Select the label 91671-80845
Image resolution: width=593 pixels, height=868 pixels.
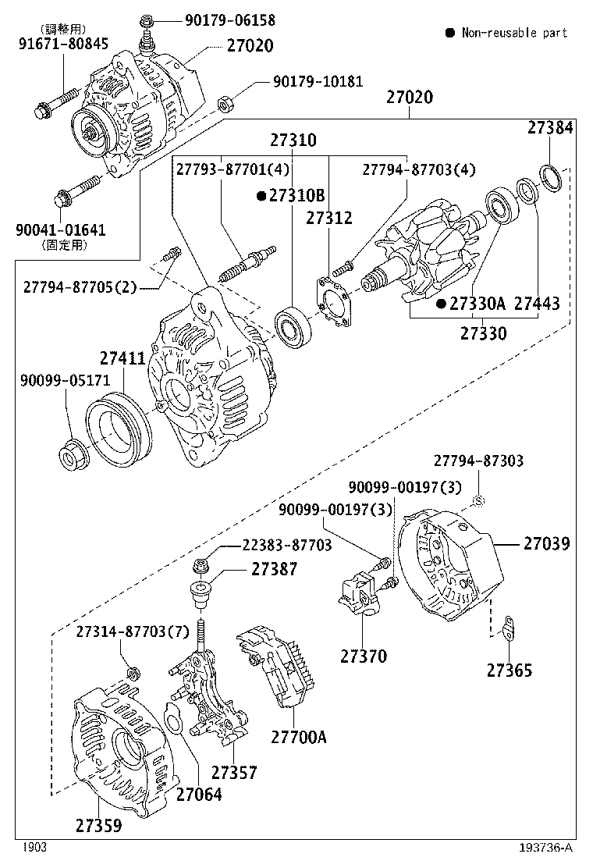point(64,44)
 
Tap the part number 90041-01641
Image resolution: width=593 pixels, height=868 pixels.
point(61,230)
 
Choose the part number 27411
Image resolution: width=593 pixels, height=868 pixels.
point(122,358)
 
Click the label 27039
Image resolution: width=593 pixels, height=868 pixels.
point(546,543)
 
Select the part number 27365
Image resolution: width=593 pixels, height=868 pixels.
point(510,669)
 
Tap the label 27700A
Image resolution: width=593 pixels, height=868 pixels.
point(299,736)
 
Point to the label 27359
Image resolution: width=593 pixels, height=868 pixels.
point(99,824)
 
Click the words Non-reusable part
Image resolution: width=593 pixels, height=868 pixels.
point(514,33)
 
